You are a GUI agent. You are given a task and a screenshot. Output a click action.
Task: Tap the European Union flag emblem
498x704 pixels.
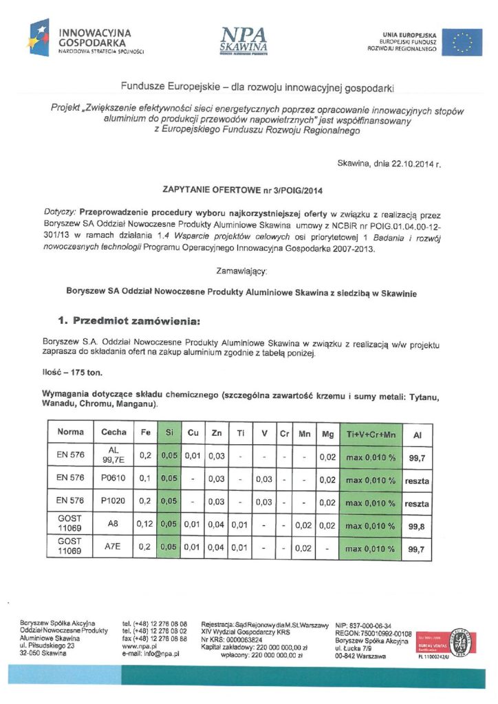(x=462, y=42)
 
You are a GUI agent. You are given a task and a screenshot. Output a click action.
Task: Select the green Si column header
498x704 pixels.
(x=169, y=432)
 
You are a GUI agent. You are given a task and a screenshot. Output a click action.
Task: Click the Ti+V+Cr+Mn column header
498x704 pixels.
(x=370, y=432)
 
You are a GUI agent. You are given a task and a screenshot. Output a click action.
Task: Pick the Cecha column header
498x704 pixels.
(x=113, y=432)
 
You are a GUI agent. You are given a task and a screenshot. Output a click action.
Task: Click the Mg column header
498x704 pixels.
(x=327, y=432)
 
